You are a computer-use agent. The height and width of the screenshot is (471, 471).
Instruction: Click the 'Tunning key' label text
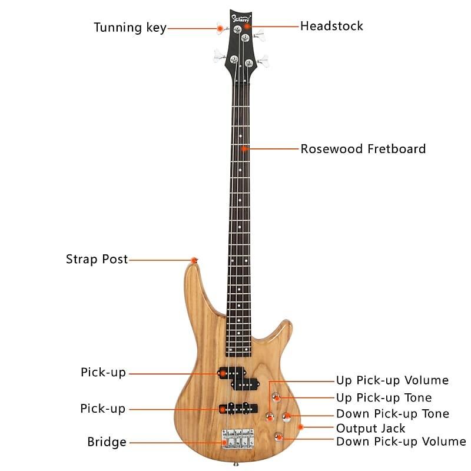coord(130,28)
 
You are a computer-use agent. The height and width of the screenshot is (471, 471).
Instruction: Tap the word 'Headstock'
coord(331,26)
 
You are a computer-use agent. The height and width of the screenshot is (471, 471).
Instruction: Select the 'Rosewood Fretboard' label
coord(363,148)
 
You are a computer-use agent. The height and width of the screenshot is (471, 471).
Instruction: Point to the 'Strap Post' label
coord(97,259)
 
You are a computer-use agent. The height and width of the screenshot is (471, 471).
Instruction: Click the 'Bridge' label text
coord(107,442)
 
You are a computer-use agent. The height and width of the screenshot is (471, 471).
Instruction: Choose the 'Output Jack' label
coord(370,428)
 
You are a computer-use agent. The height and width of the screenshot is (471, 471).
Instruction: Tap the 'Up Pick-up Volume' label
coord(392,380)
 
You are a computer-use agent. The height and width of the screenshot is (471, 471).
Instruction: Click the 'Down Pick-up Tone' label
coord(392,414)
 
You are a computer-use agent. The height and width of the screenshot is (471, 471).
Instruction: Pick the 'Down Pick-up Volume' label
coord(400,441)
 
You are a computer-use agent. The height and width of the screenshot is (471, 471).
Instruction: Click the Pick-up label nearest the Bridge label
coord(103,408)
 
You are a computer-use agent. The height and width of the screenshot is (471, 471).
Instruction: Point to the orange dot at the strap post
coord(194,260)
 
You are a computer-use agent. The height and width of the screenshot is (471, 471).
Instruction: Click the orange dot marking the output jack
coord(301,426)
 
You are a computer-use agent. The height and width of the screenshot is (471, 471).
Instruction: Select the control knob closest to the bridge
coord(278,437)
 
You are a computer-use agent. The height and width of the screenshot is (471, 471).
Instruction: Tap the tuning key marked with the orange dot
coord(220,27)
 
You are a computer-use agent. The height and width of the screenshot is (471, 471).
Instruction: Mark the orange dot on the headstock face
coord(248,26)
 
